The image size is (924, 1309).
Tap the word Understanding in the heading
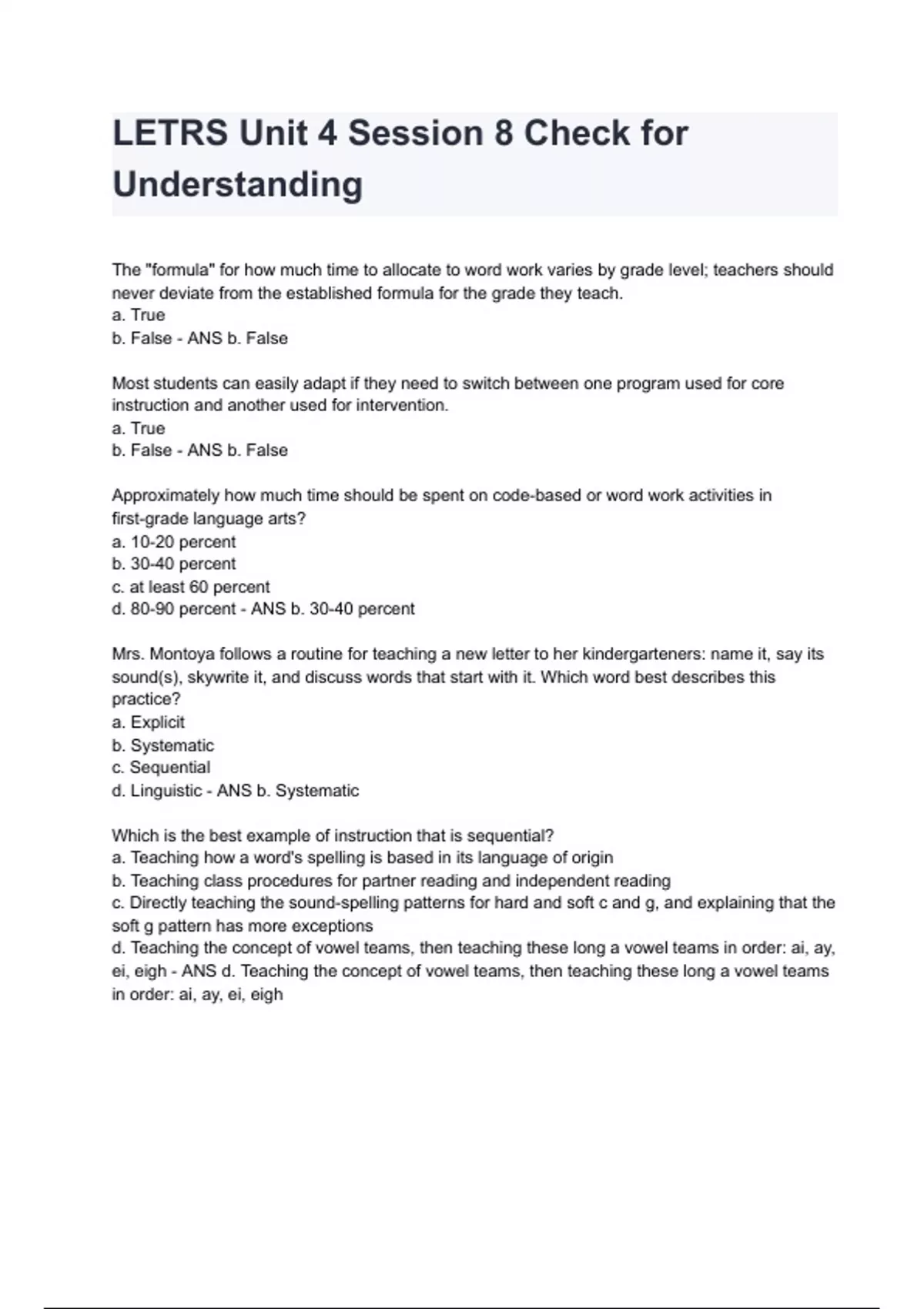[x=237, y=185]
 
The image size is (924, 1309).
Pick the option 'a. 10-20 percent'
[x=174, y=541]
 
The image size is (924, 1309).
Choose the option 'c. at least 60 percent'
[x=191, y=587]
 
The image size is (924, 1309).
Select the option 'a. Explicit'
[x=149, y=722]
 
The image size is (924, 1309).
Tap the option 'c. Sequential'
[x=161, y=768]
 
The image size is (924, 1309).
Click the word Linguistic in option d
[x=166, y=791]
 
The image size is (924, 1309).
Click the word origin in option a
[x=592, y=858]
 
